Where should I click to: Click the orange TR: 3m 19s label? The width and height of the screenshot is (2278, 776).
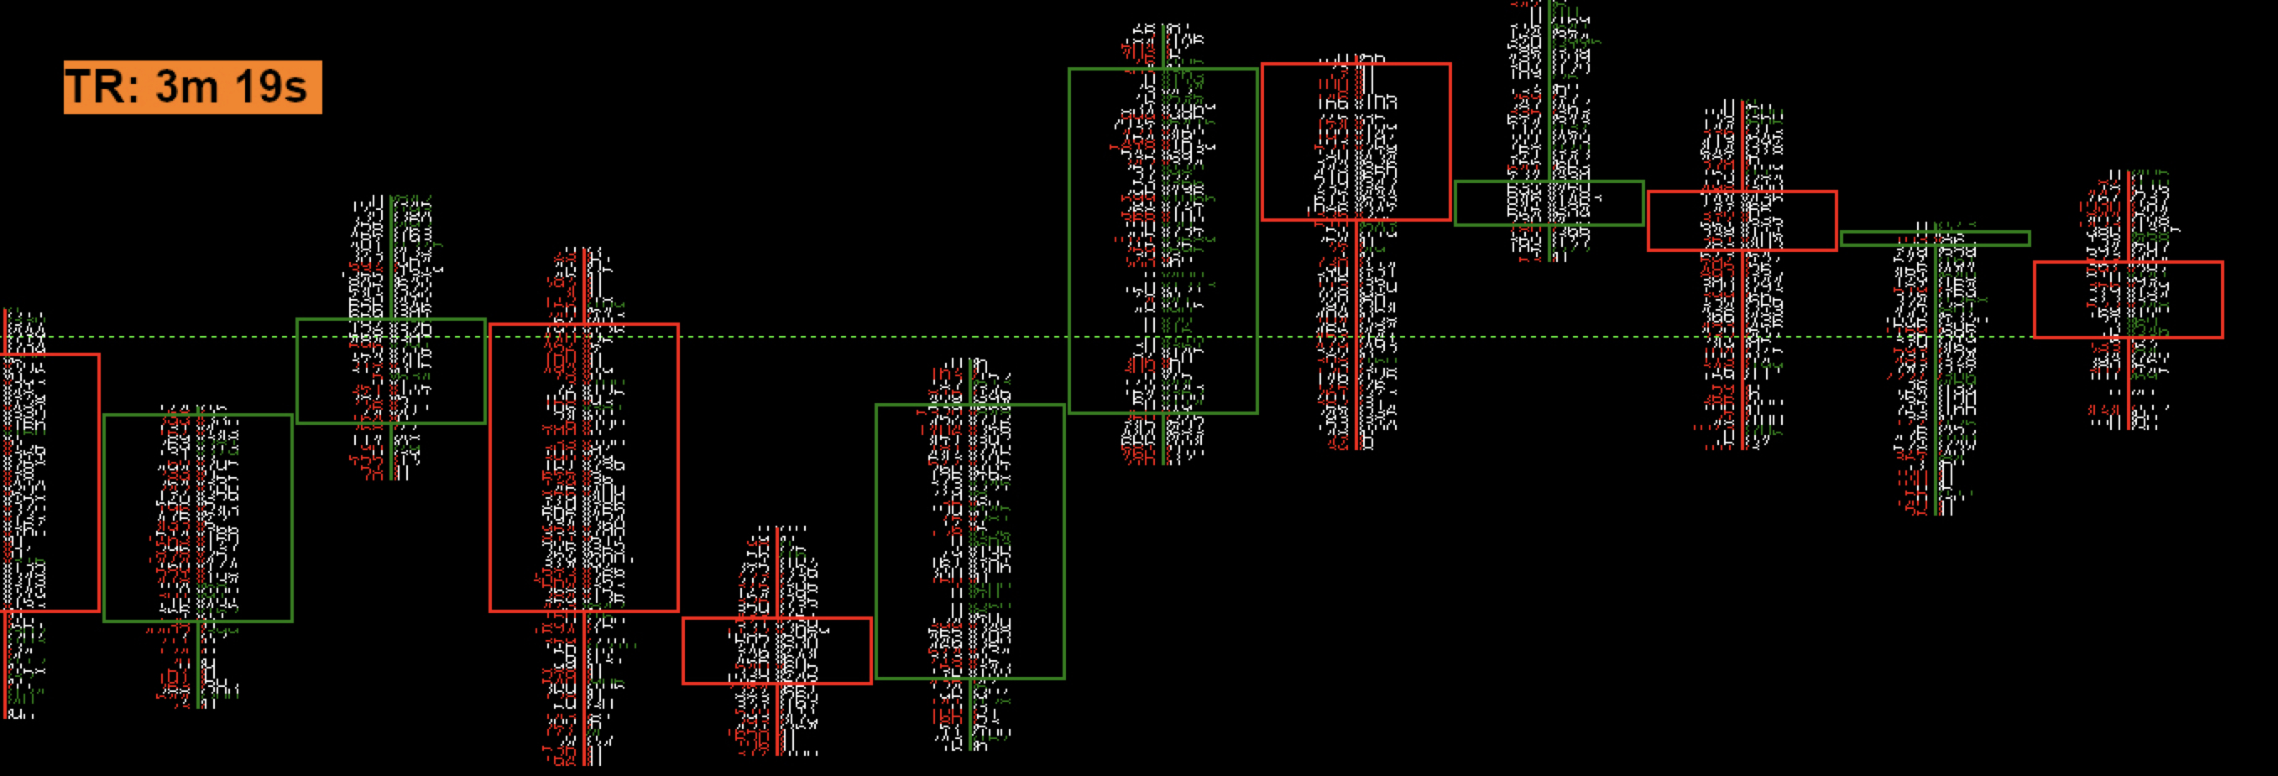(x=193, y=87)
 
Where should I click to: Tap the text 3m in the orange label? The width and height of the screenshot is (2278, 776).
(x=186, y=87)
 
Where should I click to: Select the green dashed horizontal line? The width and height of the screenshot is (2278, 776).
(x=796, y=337)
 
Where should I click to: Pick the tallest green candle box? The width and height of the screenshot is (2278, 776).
(x=1163, y=241)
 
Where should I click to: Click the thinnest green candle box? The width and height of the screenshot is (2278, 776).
(x=1935, y=238)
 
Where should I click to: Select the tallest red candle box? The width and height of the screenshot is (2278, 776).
(x=583, y=467)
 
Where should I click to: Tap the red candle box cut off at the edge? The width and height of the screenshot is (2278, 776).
(x=49, y=482)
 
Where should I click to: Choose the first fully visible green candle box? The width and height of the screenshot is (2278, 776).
(x=197, y=517)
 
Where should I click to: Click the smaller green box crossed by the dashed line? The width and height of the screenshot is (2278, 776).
(x=391, y=370)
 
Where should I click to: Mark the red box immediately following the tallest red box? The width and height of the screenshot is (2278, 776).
(x=776, y=650)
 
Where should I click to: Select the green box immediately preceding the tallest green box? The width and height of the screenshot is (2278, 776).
(x=970, y=542)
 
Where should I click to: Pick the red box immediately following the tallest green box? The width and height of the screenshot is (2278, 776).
(x=1356, y=142)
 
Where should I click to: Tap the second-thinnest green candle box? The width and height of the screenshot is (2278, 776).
(x=1549, y=203)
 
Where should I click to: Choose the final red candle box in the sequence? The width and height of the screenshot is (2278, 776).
(x=2128, y=299)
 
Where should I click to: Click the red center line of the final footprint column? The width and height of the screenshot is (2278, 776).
(x=2128, y=390)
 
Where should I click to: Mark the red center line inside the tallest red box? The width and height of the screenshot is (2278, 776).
(x=584, y=467)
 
